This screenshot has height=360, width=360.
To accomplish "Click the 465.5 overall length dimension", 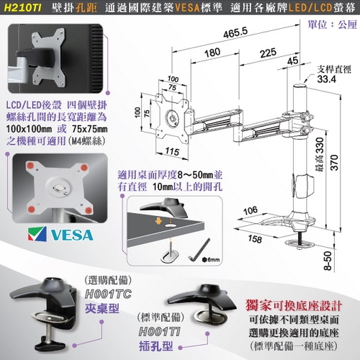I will click(230, 32).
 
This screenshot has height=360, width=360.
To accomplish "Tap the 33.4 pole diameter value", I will click(328, 80).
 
